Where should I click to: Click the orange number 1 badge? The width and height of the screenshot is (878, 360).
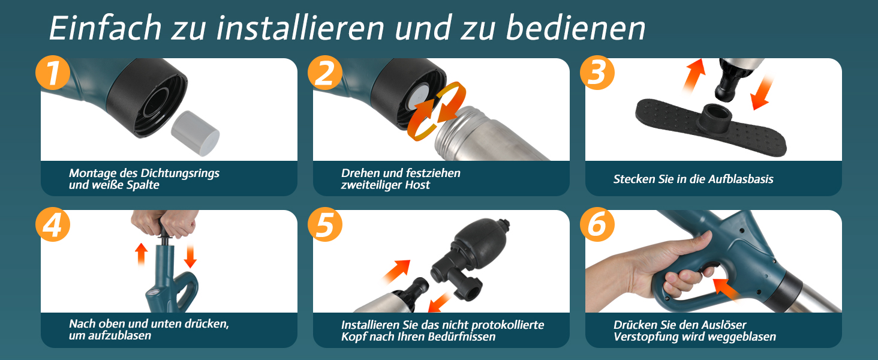[x=53, y=73]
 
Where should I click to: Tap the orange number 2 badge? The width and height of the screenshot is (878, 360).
[x=324, y=73]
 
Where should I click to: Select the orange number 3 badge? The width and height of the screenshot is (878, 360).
[x=597, y=73]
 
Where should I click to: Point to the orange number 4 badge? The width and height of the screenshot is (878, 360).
[x=53, y=224]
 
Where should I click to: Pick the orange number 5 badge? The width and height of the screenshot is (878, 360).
[x=324, y=224]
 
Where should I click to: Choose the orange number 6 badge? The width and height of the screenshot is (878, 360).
[x=597, y=224]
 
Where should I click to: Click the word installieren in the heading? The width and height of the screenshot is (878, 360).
[x=300, y=28]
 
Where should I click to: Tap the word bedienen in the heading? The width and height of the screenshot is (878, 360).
[x=575, y=28]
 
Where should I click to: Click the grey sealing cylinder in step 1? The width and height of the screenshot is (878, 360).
[x=195, y=133]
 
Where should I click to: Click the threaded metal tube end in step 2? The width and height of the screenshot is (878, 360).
[x=455, y=125]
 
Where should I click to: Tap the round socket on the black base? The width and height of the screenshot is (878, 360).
[x=715, y=117]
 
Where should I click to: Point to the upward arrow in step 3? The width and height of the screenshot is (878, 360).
[x=694, y=75]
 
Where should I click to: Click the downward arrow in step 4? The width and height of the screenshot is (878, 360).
[x=190, y=256]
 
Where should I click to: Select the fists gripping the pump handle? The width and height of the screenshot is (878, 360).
[x=164, y=224]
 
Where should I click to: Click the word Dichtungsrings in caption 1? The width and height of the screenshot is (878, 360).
[x=180, y=173]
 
